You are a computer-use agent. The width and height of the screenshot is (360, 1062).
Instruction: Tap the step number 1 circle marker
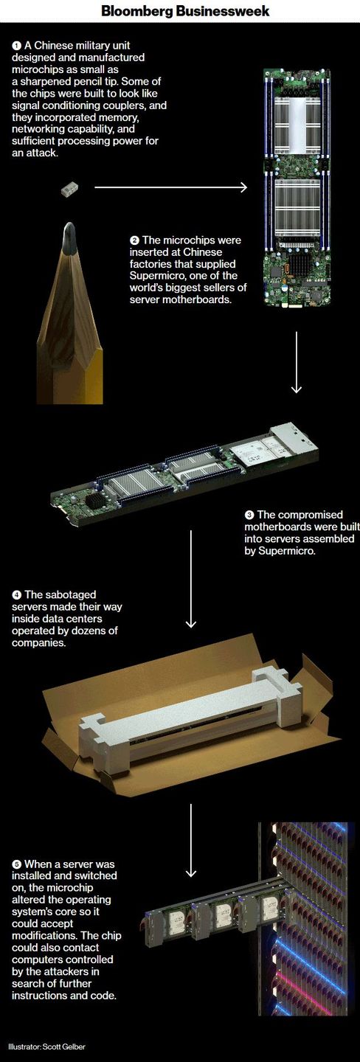(x=16, y=46)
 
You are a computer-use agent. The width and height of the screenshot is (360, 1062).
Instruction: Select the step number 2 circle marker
(x=134, y=241)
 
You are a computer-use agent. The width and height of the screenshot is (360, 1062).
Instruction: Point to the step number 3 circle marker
(x=249, y=515)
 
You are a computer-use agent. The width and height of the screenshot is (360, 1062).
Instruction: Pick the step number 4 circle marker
(x=17, y=595)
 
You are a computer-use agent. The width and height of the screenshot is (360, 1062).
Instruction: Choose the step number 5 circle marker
(x=17, y=864)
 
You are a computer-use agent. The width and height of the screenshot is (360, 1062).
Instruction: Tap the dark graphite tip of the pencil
(x=69, y=236)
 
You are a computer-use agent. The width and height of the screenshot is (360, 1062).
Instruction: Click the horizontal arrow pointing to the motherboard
(x=170, y=188)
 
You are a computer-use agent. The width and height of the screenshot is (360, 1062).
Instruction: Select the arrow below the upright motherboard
(x=297, y=362)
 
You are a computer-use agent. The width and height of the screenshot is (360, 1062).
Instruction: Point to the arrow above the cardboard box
(x=190, y=579)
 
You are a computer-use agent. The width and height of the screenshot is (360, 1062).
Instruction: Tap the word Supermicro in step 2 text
(x=153, y=277)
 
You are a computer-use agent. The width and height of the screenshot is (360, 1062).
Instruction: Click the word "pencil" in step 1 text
(x=99, y=82)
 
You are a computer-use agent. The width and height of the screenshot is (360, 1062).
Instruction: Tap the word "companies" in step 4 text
(x=32, y=643)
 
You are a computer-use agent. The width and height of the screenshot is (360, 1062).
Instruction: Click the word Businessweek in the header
(x=223, y=11)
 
